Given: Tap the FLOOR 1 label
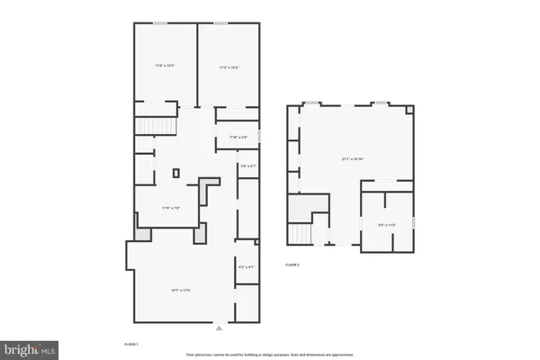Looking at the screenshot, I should pyautogui.click(x=130, y=344).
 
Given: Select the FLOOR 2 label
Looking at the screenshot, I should pyautogui.click(x=292, y=265).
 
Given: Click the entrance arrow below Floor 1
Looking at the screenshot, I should pyautogui.click(x=219, y=327).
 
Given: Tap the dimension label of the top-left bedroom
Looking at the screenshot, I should pyautogui.click(x=164, y=65).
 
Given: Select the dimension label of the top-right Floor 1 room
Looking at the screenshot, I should pyautogui.click(x=229, y=67).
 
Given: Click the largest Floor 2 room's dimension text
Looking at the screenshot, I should pyautogui.click(x=352, y=159).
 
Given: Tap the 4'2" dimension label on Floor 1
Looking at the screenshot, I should pyautogui.click(x=247, y=266).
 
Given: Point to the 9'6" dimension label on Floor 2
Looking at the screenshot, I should pyautogui.click(x=387, y=225).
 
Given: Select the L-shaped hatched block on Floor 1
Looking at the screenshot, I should pyautogui.click(x=208, y=188).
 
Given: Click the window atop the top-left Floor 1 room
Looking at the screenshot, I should pyautogui.click(x=159, y=22).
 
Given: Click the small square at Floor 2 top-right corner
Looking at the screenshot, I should pyautogui.click(x=413, y=109).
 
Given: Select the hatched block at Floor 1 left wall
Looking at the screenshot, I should pyautogui.click(x=139, y=233).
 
